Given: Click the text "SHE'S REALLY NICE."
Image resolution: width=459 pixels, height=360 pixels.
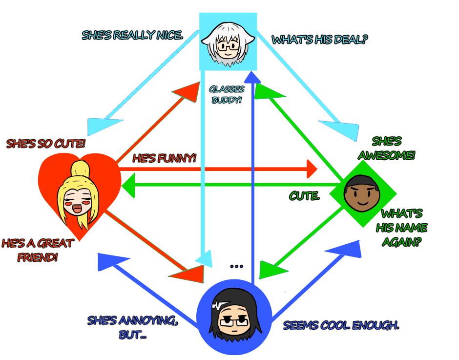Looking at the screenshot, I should pos(132,36).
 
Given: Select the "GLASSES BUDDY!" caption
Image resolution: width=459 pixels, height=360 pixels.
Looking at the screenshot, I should pos(226,94).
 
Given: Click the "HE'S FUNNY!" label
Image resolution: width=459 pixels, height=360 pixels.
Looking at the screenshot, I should pos(165,159).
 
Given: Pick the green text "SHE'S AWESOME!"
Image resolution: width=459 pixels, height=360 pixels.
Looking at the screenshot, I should pos(387,148).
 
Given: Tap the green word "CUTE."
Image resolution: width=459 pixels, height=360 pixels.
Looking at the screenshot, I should pos(304,196).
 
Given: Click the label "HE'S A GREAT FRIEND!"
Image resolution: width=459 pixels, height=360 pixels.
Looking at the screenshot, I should pos(38,250).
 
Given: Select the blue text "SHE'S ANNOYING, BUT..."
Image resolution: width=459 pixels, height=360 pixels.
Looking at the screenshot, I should pos(132,327).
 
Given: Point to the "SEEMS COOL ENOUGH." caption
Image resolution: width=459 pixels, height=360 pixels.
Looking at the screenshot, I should pos(341,325).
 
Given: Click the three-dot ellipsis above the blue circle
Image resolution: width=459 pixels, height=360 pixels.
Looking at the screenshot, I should pos(236,267).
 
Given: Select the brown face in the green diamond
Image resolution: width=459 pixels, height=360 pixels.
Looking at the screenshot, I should pos(360,192).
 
